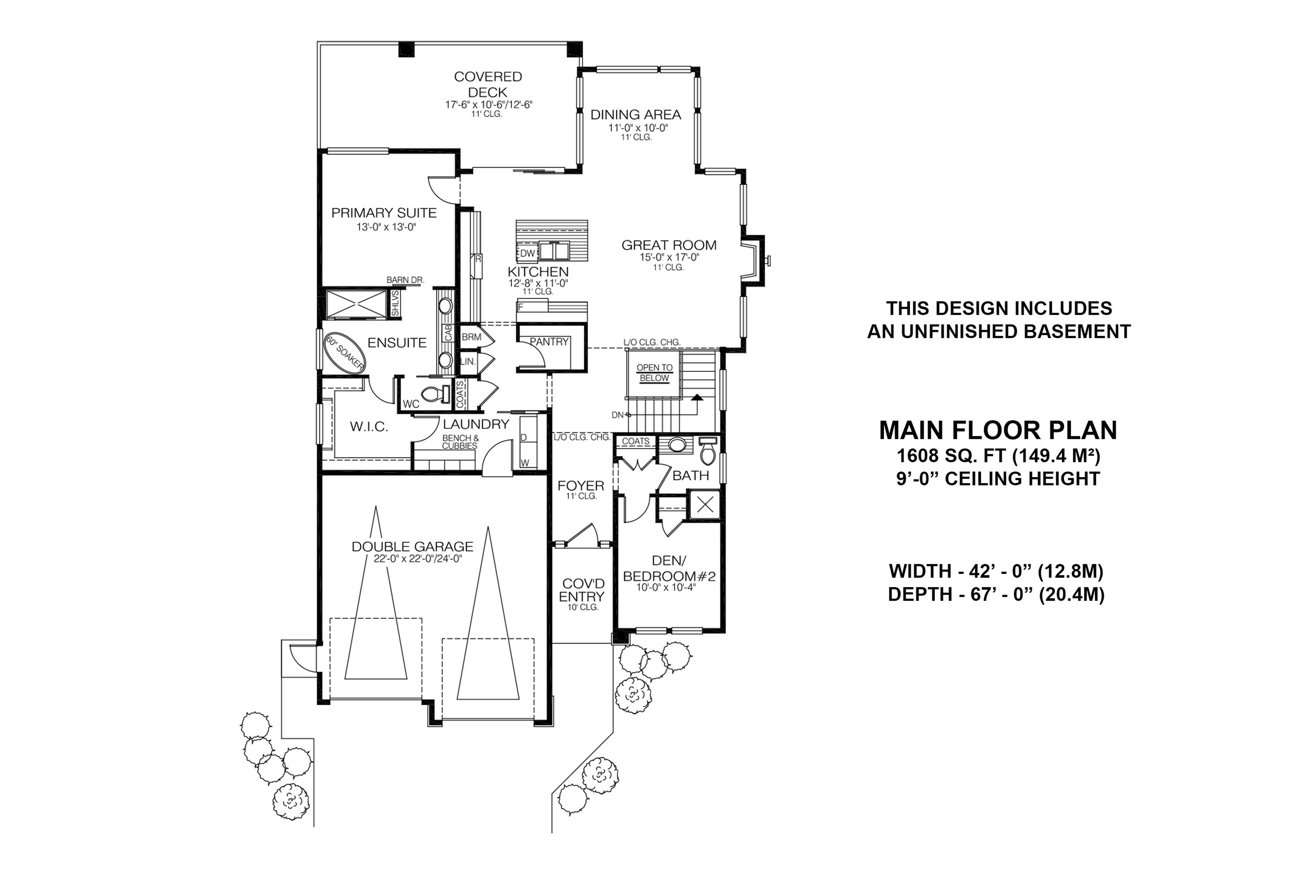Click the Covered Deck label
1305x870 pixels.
coord(488,84)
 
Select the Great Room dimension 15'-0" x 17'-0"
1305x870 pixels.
coord(669,258)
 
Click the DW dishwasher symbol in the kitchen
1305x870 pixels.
coord(527,254)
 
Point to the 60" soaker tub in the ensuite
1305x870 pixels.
coord(345,353)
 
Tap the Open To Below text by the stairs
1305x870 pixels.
coord(654,373)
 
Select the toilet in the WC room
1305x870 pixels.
coord(435,395)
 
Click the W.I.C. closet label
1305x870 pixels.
coord(368,427)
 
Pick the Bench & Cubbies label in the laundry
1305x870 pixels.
coord(460,442)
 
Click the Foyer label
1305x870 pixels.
coord(580,486)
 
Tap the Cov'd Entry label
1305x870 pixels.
coord(582,590)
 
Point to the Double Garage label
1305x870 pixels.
coord(412,546)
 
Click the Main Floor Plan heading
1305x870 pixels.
coord(997,431)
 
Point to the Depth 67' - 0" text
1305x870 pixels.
coord(996,595)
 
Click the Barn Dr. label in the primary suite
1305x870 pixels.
coord(405,280)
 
